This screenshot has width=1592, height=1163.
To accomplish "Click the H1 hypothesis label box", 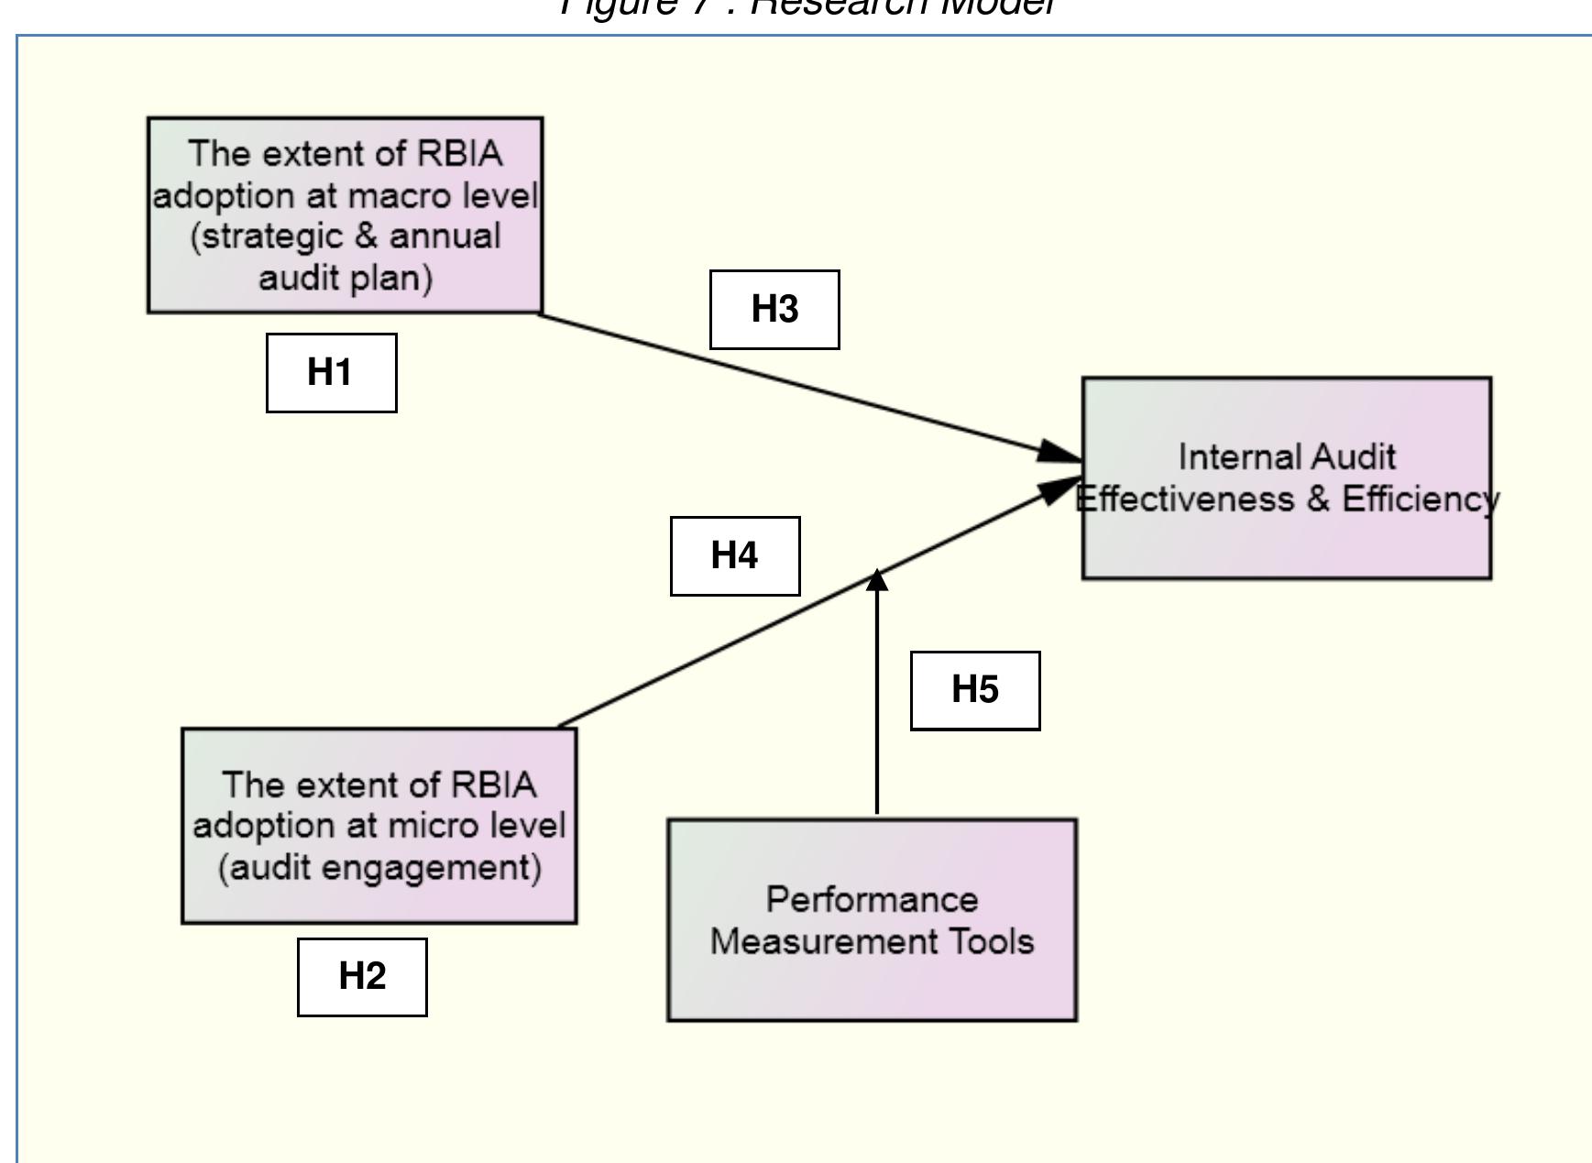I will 331,373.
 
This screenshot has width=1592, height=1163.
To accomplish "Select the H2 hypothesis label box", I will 362,976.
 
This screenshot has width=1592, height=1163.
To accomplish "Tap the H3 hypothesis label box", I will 774,310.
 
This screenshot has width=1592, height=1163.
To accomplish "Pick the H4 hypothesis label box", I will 735,555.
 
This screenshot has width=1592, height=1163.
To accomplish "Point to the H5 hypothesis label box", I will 975,690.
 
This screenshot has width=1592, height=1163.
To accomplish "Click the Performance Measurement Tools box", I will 872,920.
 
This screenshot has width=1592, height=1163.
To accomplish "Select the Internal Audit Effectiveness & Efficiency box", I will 1286,477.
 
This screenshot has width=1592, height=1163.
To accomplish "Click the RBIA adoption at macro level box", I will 346,215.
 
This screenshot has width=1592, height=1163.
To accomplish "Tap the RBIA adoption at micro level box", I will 379,826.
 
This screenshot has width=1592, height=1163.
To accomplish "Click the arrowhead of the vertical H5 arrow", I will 877,581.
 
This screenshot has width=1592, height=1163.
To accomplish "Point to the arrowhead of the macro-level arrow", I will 1062,452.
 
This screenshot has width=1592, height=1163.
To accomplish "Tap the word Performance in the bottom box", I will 872,899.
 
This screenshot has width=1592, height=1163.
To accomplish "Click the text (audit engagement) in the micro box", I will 379,867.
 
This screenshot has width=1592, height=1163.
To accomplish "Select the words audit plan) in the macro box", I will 346,278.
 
